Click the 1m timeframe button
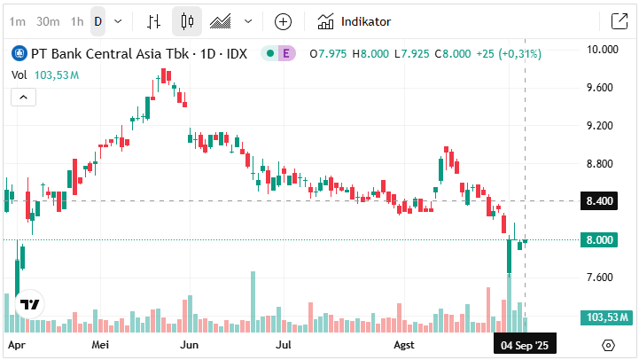18,21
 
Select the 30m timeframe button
49,21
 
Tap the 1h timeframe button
78,21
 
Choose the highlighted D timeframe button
98,21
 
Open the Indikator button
355,21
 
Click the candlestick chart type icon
186,21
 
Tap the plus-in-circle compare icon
283,21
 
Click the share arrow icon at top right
619,21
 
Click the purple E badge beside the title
286,54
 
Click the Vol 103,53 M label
45,75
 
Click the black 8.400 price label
600,202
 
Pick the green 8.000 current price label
600,240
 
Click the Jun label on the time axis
188,344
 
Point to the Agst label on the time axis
403,344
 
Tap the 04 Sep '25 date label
525,344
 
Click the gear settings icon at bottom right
609,345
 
